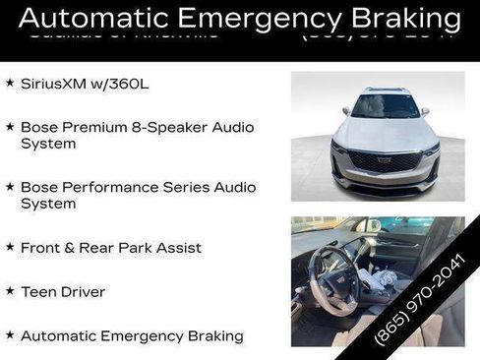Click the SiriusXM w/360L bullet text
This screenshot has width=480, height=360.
pos(84,84)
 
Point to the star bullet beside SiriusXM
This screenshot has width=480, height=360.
pos(10,84)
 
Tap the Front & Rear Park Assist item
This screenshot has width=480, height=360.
pos(111,248)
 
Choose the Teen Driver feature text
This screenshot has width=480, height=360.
pos(63,292)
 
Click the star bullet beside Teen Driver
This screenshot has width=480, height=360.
pos(10,291)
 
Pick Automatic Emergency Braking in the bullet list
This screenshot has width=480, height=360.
pos(132,336)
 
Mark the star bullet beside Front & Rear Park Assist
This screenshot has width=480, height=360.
pos(10,247)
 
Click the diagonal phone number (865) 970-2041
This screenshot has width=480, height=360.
pos(420,298)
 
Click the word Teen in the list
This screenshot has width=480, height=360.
pos(36,292)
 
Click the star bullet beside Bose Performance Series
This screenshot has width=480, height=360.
pos(10,186)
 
